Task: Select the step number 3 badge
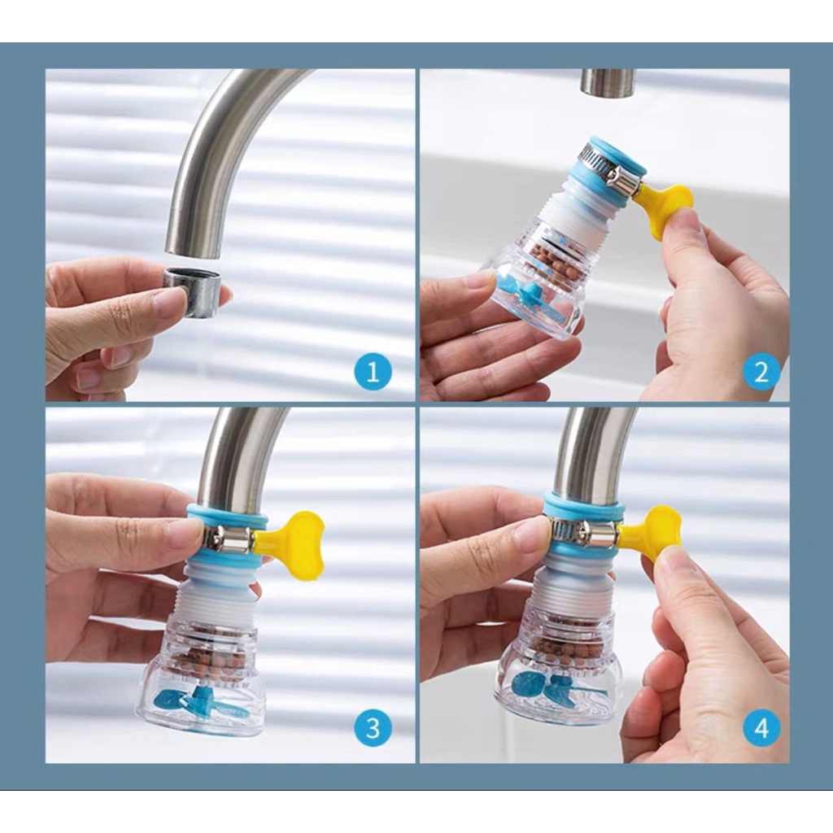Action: [x=373, y=728]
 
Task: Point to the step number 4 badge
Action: [x=761, y=728]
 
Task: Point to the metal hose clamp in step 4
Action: [x=583, y=530]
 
